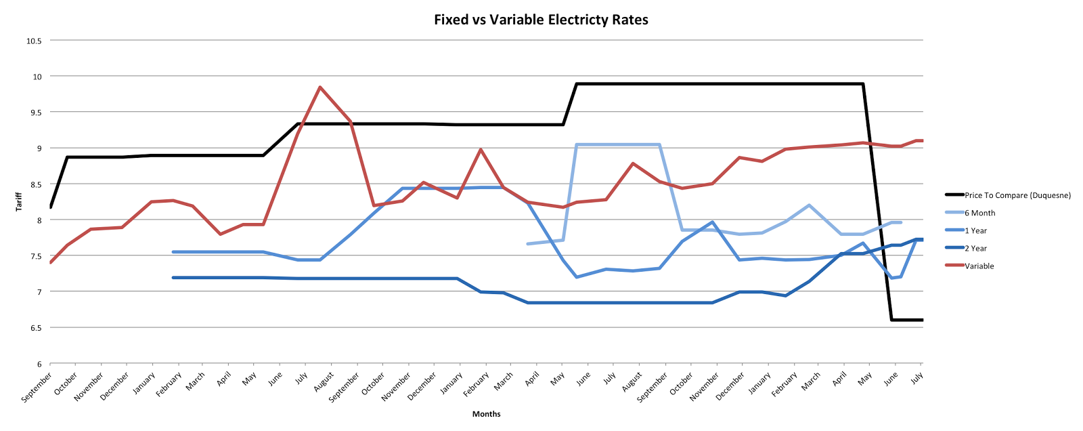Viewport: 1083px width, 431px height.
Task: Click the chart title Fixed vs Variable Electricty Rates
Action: (541, 20)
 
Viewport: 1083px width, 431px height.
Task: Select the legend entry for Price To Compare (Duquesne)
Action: (1017, 195)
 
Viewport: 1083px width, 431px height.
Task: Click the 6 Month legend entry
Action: (979, 213)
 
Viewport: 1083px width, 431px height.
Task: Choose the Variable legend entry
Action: (979, 266)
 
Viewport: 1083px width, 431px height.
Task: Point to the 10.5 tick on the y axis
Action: (34, 41)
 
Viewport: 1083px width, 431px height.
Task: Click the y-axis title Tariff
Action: (19, 201)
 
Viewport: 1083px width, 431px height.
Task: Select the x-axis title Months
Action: (486, 413)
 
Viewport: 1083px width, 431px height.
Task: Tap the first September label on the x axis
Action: (37, 387)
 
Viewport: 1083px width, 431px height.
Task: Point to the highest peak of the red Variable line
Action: (319, 87)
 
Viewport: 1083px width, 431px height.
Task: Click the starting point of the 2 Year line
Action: (173, 277)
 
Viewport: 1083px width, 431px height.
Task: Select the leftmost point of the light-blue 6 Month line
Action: (527, 244)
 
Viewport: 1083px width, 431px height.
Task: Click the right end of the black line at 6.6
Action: (922, 320)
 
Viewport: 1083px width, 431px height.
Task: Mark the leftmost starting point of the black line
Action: (51, 207)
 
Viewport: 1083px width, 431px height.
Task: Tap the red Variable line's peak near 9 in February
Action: (480, 149)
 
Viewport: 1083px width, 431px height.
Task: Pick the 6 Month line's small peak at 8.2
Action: (810, 205)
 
